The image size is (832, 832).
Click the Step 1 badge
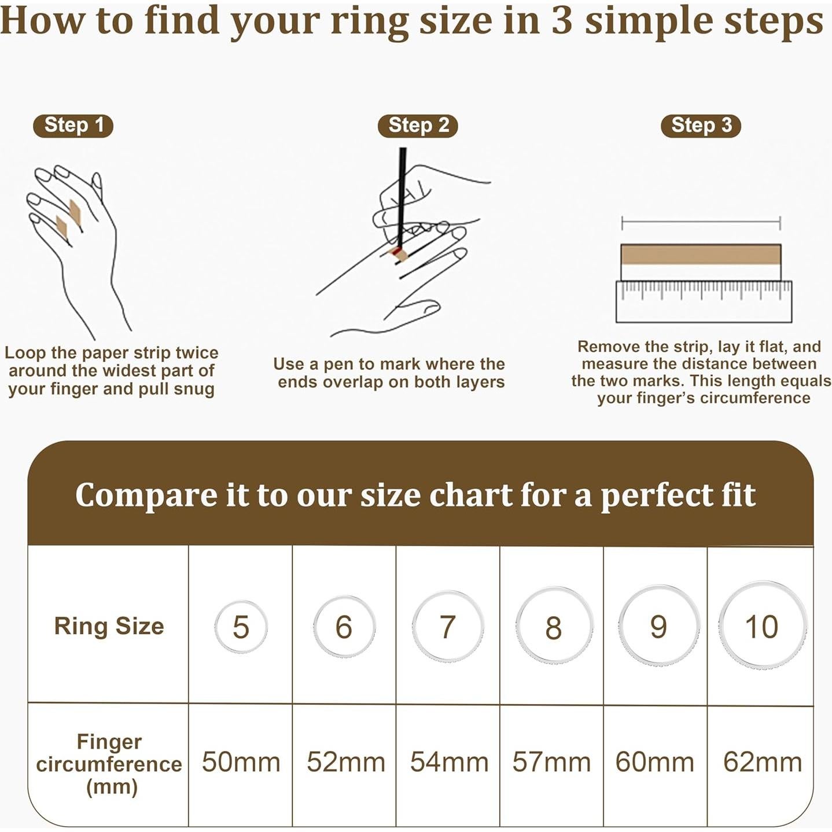[x=73, y=126]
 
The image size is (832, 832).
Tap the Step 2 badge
[x=418, y=126]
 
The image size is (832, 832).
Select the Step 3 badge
[x=701, y=126]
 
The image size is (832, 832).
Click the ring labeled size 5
[x=241, y=627]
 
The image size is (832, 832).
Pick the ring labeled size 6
[x=344, y=627]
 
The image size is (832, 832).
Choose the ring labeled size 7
[x=448, y=627]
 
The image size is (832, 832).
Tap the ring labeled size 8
[x=554, y=627]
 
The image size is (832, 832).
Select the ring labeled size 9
[x=658, y=627]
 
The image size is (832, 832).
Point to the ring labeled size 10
[x=762, y=626]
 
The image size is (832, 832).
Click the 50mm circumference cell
[x=241, y=762]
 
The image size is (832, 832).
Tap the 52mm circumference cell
[x=345, y=762]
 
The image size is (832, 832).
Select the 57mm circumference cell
[x=551, y=762]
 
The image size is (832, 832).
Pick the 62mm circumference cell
[x=762, y=762]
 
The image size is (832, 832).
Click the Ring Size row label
[x=109, y=626]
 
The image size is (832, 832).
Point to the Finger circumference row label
[x=109, y=764]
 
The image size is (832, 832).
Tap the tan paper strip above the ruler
[x=701, y=255]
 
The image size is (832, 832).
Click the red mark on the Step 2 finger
[x=397, y=251]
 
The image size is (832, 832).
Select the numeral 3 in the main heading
[x=561, y=21]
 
